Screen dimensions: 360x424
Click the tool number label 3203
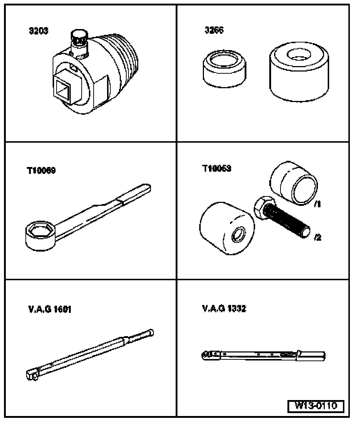click(x=38, y=31)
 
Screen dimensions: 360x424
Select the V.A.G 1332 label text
click(x=224, y=309)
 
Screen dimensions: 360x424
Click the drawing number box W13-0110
click(x=315, y=406)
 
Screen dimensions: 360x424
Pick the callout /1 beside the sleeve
click(x=317, y=204)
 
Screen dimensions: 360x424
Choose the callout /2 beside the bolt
click(x=317, y=238)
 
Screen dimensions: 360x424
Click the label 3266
click(x=214, y=30)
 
